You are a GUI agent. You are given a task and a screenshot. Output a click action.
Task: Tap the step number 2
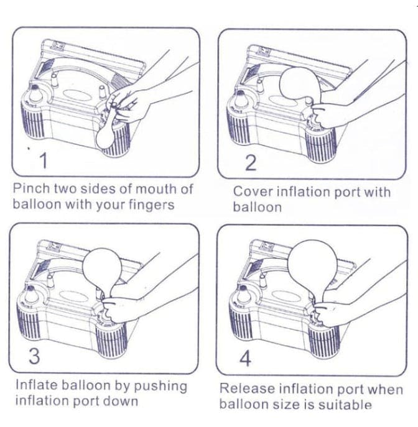pyautogui.click(x=251, y=163)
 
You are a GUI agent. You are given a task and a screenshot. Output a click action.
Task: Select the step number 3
pyautogui.click(x=35, y=357)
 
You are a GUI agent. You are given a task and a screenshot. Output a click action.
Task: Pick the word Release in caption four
pyautogui.click(x=244, y=389)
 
